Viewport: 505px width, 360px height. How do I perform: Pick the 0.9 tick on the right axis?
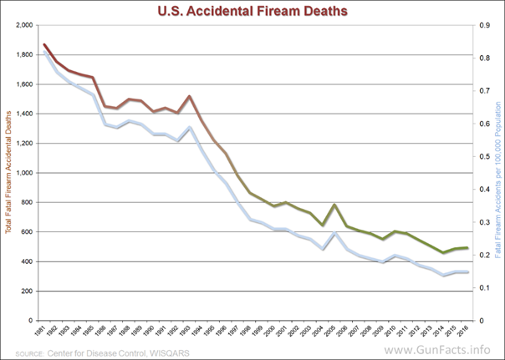click(484, 26)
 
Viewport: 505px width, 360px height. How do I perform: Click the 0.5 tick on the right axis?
click(484, 156)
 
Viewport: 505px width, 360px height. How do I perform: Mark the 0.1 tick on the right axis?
click(484, 287)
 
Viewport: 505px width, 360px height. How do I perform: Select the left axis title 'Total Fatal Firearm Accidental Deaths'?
click(8, 173)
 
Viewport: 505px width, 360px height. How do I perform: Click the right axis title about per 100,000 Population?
click(498, 173)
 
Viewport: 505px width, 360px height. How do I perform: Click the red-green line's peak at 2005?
click(334, 205)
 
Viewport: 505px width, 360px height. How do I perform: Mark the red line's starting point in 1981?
click(44, 44)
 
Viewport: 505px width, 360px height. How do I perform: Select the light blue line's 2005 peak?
click(334, 232)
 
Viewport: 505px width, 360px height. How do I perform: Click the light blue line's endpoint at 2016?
click(466, 272)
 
